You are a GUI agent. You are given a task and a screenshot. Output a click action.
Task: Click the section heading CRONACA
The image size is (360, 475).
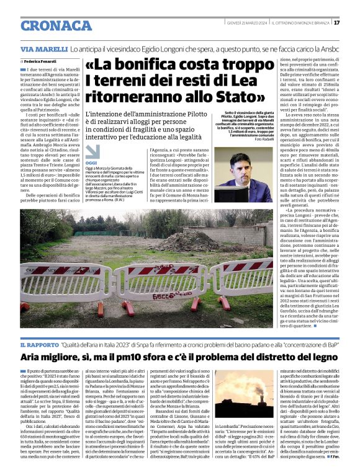57,25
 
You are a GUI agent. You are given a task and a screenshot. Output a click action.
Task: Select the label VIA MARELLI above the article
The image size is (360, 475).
43,48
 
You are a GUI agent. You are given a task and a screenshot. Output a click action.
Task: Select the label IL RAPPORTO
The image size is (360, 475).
40,344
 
